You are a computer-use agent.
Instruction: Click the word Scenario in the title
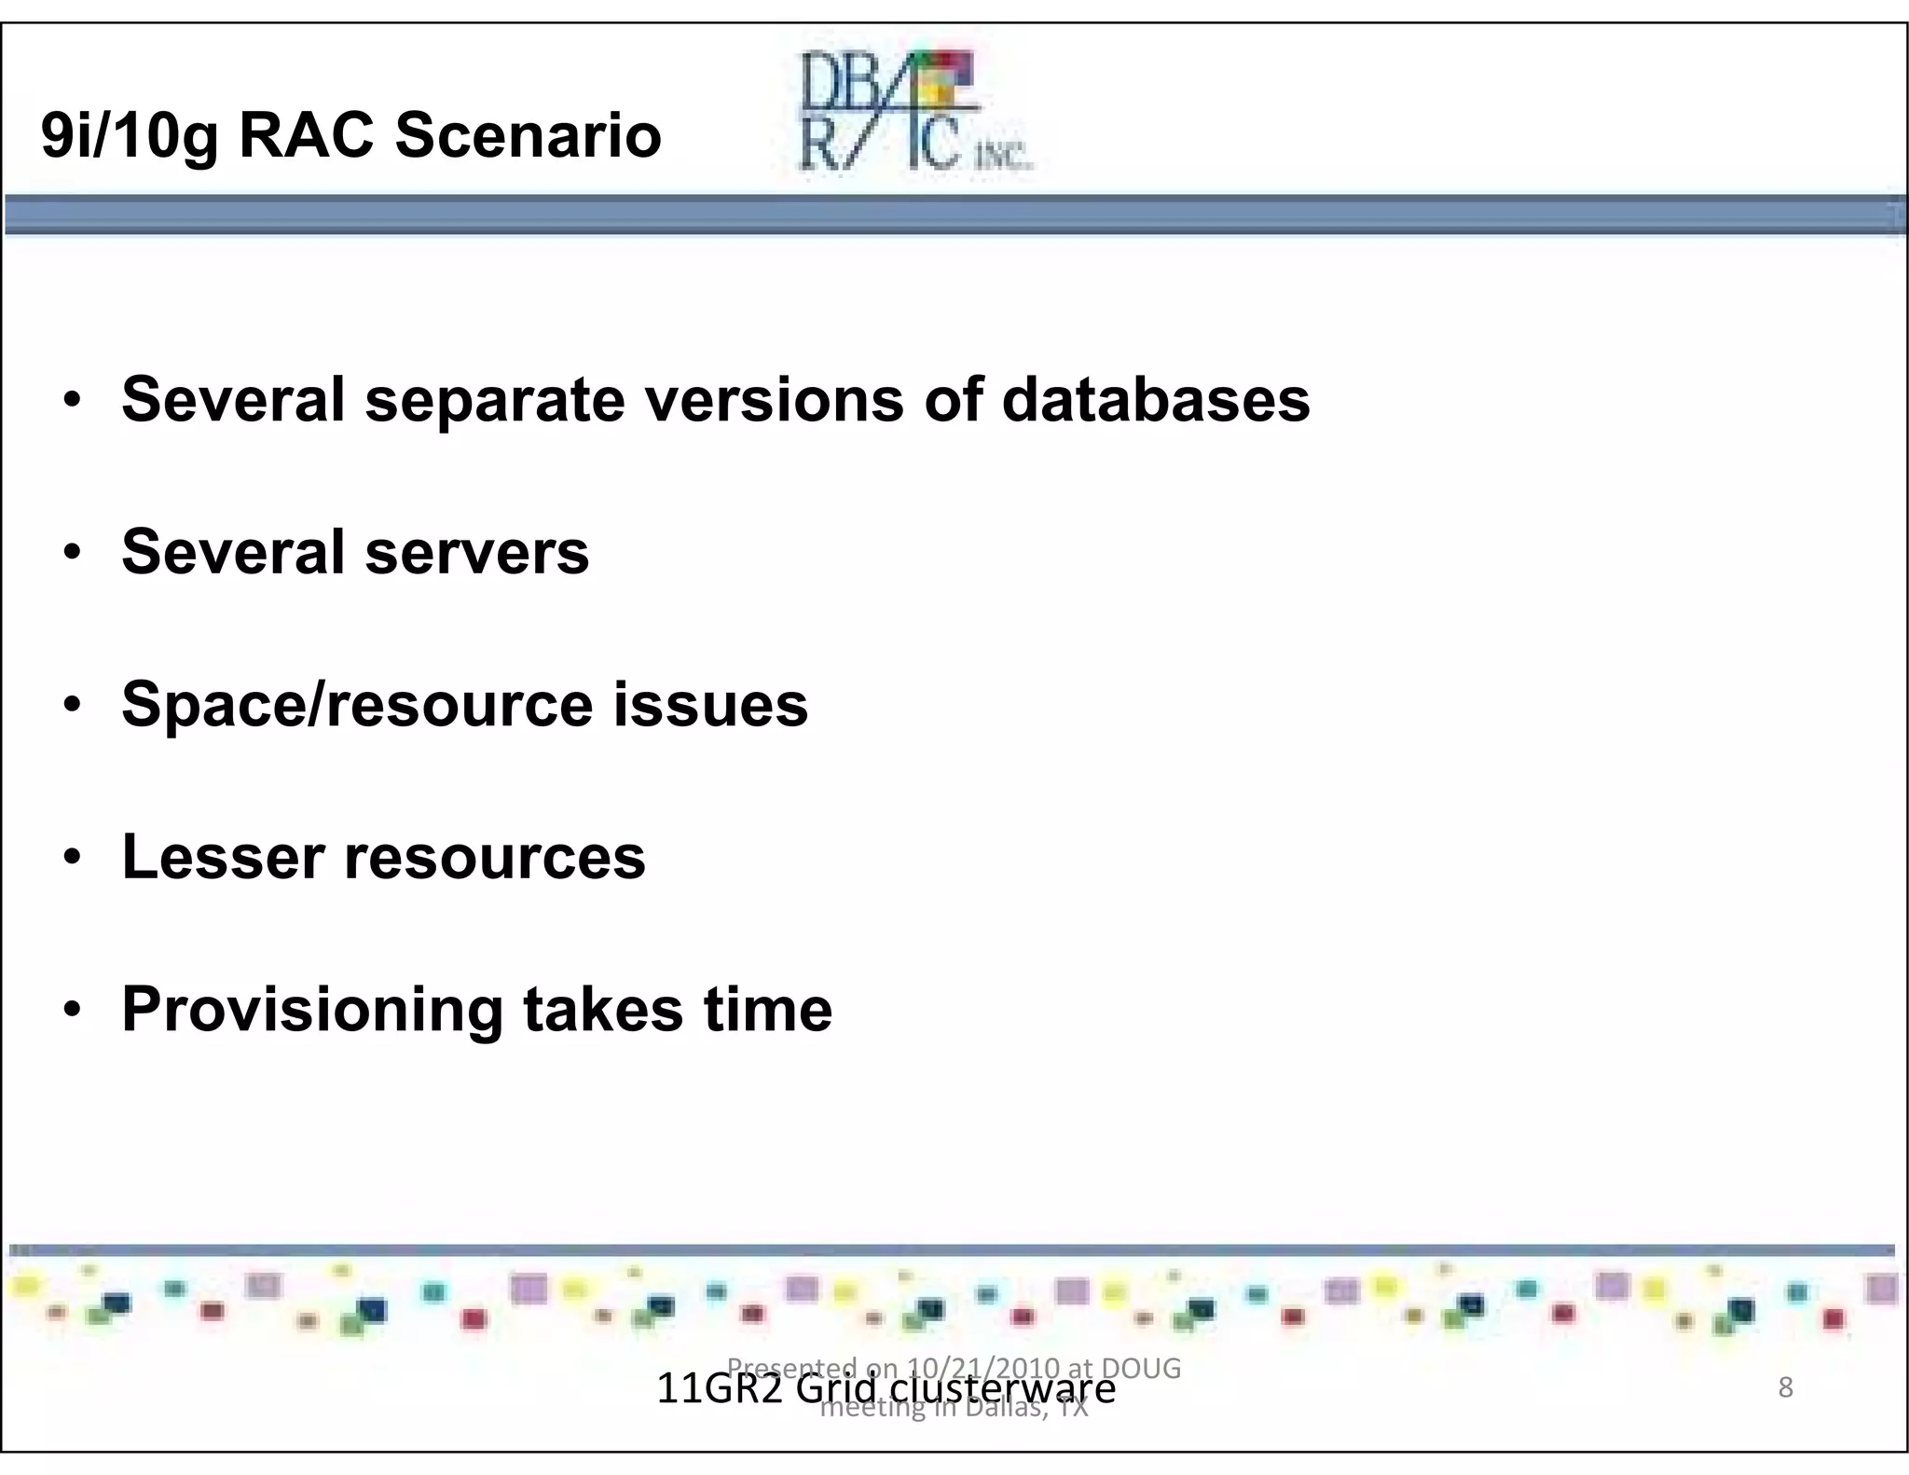(528, 135)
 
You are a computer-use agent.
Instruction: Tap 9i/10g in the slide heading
(130, 137)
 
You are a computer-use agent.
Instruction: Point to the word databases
(1155, 400)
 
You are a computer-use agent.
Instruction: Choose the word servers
(476, 552)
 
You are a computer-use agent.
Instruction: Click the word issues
(710, 705)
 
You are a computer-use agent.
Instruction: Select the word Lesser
(223, 857)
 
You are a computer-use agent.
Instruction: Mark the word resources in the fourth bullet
(494, 858)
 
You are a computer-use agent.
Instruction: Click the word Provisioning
(312, 1011)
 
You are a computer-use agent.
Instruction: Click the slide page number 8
(1785, 1387)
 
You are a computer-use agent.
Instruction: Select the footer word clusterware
(1002, 1389)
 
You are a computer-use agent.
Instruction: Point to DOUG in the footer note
(1142, 1368)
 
